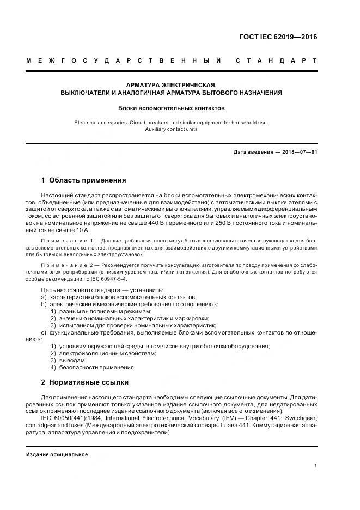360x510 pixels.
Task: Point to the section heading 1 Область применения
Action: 84,180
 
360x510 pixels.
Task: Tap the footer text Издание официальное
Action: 57,454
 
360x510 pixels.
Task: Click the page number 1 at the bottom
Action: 316,465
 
